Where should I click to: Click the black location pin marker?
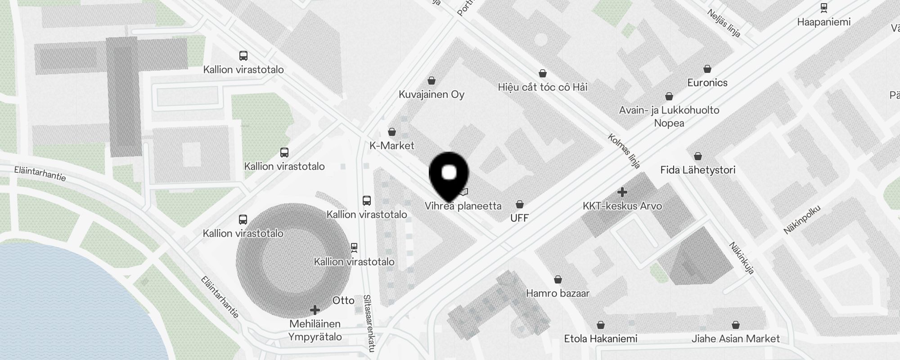pos(449,175)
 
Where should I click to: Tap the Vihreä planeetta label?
pos(463,206)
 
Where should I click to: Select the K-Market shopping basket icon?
pos(392,132)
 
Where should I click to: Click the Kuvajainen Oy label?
pos(432,94)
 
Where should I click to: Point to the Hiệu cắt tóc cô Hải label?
pos(543,87)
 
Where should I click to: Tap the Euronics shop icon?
pos(707,69)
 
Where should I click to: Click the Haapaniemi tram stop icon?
pos(824,8)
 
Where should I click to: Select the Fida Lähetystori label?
pos(698,170)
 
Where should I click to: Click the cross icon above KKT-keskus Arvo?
pos(622,193)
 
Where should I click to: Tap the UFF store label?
pos(520,218)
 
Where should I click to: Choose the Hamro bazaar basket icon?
pos(558,279)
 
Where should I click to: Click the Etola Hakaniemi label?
pos(601,339)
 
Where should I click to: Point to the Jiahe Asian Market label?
pos(736,339)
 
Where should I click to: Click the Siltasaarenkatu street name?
pos(369,323)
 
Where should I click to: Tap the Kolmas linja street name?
pos(624,151)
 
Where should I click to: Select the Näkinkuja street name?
pos(742,258)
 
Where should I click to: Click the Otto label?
pos(343,301)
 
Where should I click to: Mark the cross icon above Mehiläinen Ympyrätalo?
pos(315,310)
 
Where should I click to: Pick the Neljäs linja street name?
pos(724,23)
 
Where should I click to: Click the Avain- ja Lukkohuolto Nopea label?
pos(669,117)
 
